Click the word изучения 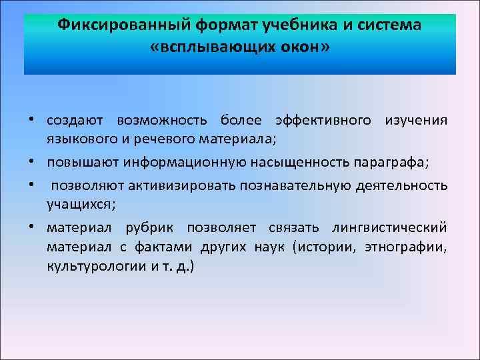click(415, 121)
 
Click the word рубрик click(153, 228)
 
